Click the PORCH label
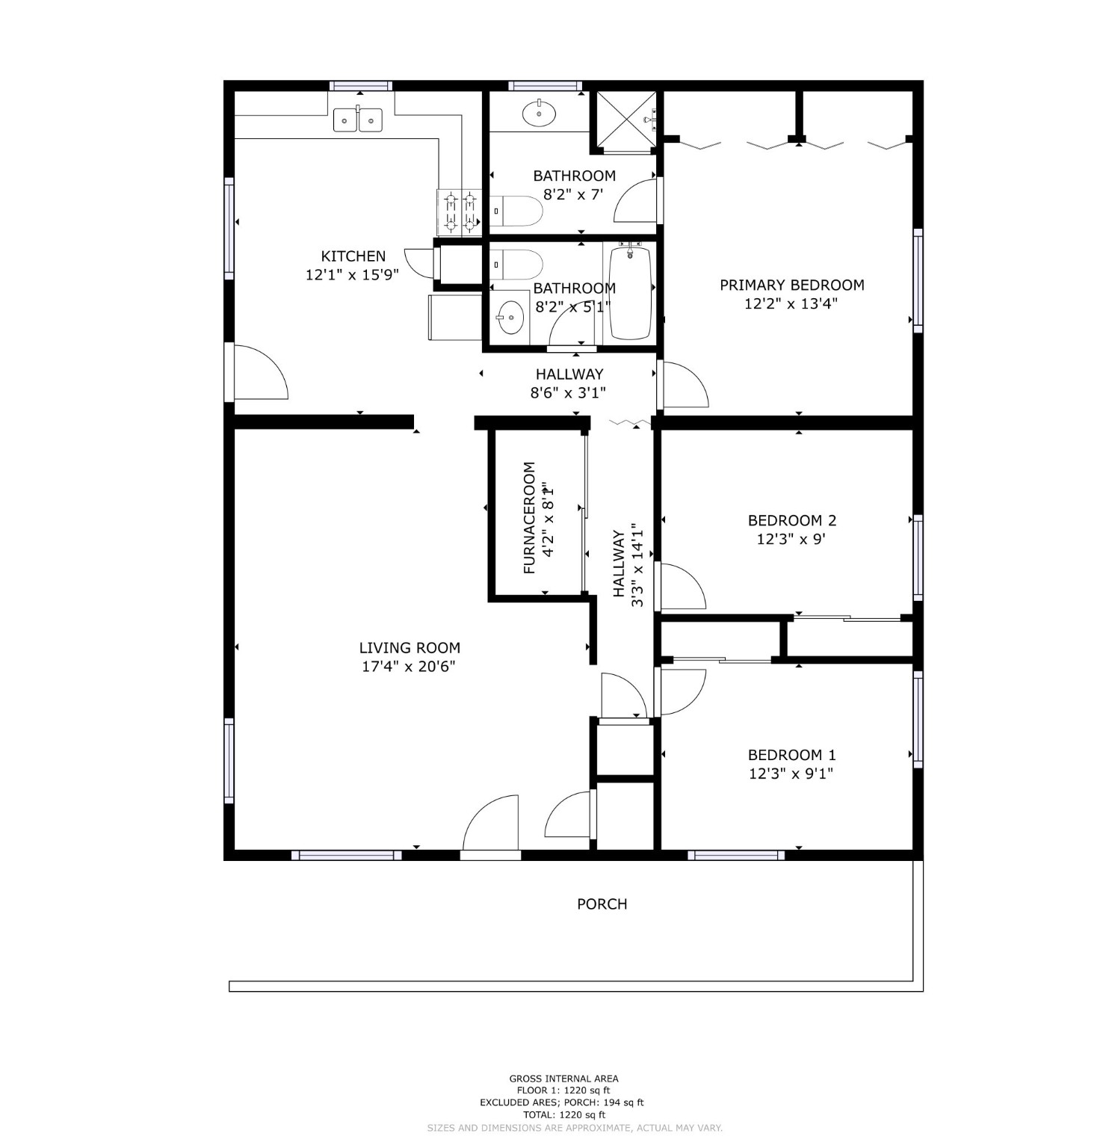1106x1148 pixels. (602, 904)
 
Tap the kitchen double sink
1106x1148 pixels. (358, 119)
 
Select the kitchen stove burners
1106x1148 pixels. (460, 211)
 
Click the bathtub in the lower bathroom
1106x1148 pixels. (631, 292)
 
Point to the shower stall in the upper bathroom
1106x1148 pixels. (624, 122)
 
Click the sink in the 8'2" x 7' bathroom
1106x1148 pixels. (538, 114)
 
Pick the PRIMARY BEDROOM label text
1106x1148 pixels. (791, 285)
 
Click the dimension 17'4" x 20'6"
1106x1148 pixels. (409, 667)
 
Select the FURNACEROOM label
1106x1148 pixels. (530, 518)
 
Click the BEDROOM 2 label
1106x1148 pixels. (791, 521)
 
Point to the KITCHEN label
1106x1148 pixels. (353, 256)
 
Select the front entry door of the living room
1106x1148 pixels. (491, 823)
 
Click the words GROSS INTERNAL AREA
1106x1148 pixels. (563, 1078)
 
